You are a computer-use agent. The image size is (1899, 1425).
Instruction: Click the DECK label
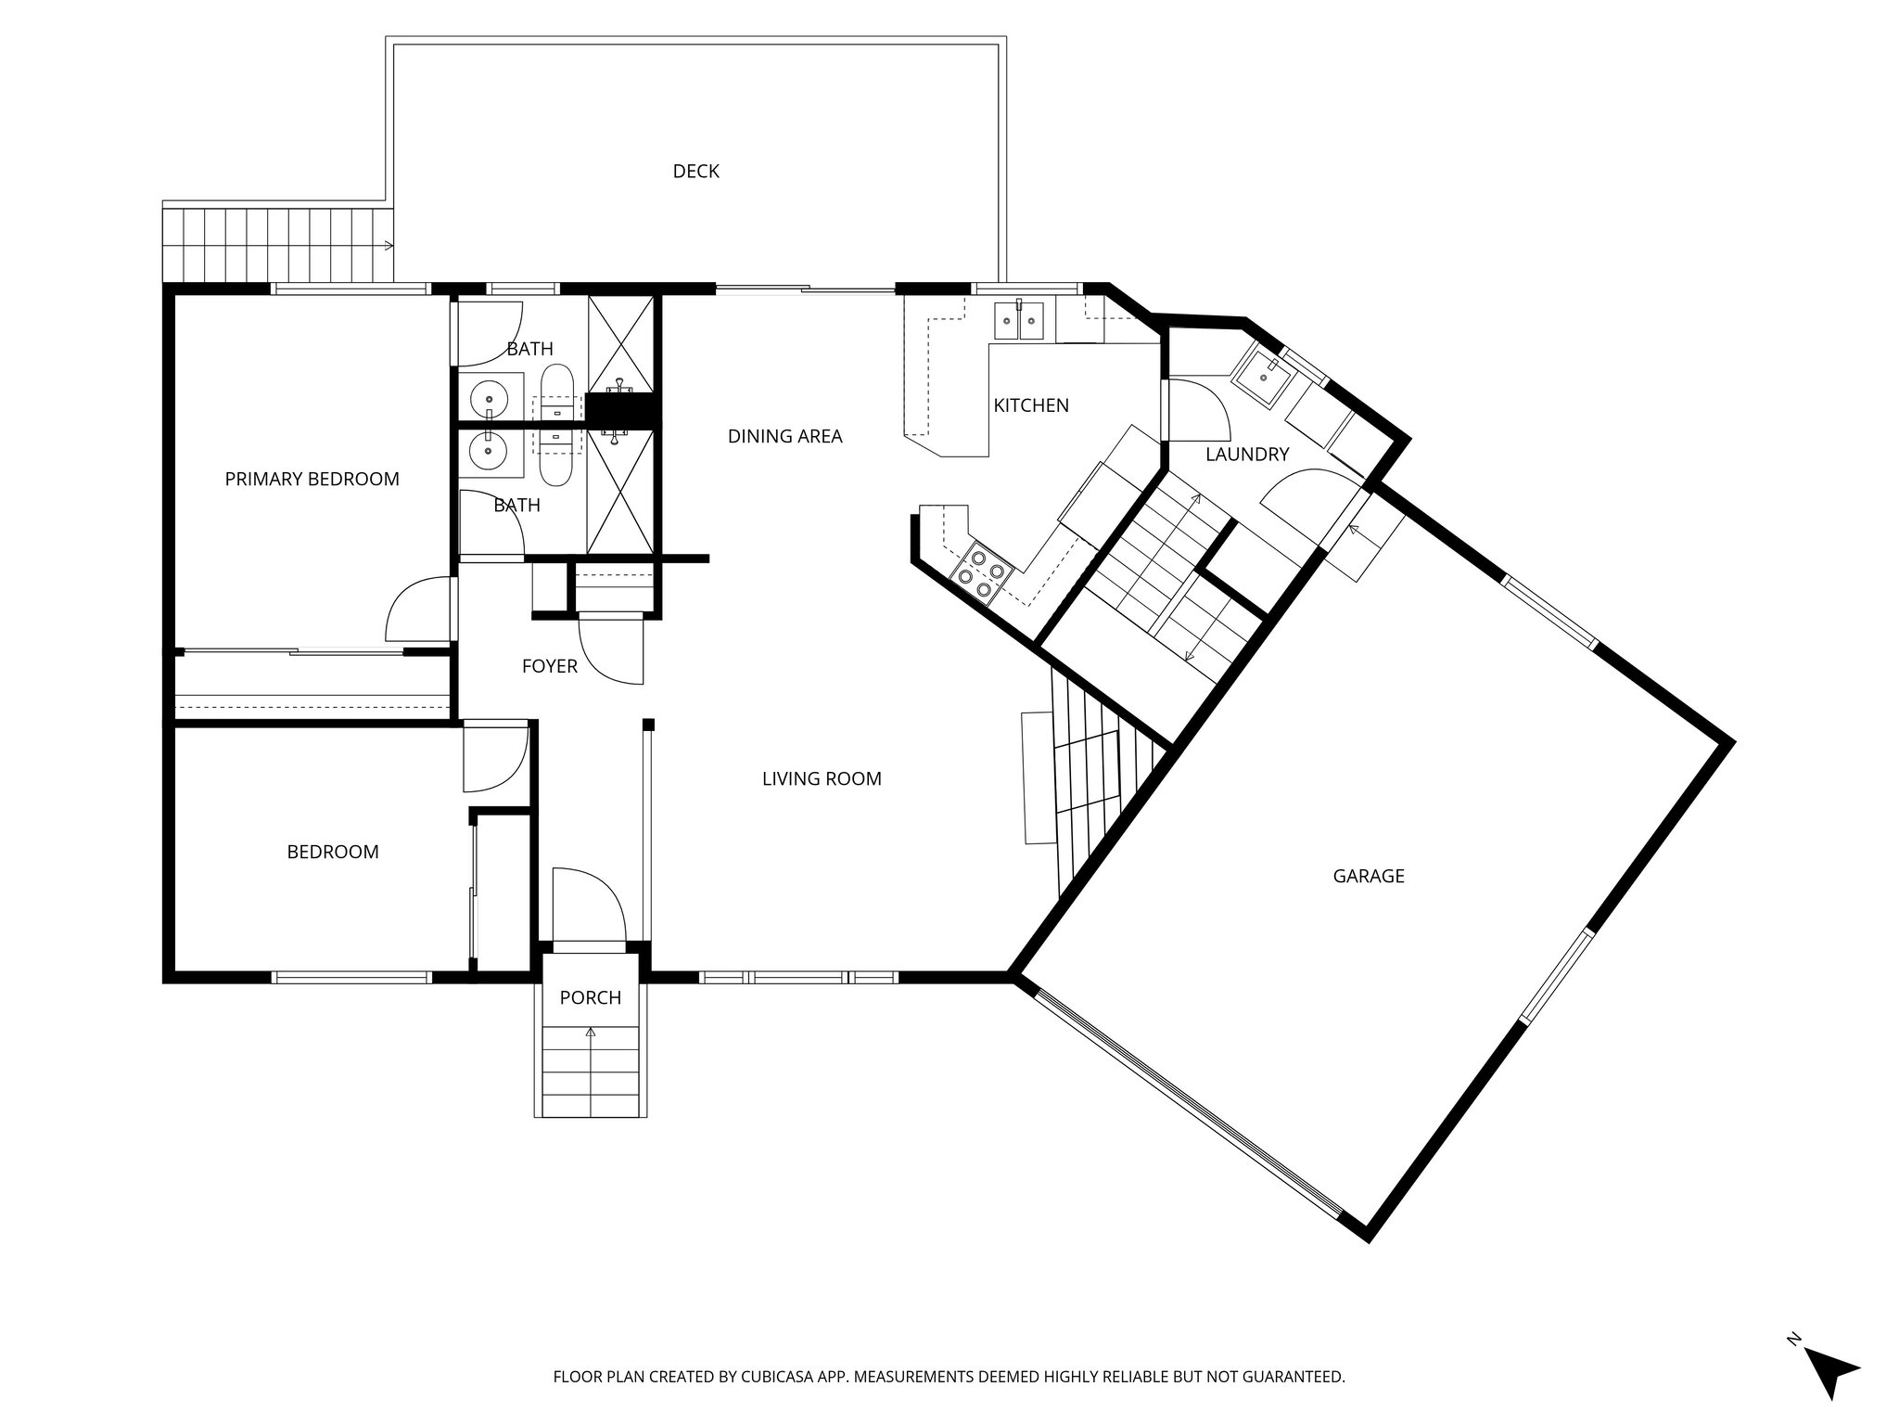pyautogui.click(x=695, y=172)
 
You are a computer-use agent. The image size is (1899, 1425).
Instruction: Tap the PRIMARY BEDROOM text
pyautogui.click(x=312, y=479)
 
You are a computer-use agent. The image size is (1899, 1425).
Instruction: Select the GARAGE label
pyautogui.click(x=1368, y=876)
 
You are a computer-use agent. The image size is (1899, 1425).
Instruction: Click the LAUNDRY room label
pyautogui.click(x=1246, y=455)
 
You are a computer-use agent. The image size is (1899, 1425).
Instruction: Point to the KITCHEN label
pyautogui.click(x=1030, y=405)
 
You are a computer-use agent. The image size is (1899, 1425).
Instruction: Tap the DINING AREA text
pyautogui.click(x=784, y=436)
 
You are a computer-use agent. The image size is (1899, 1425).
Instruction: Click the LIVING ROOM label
pyautogui.click(x=821, y=779)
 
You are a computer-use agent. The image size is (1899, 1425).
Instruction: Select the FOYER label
pyautogui.click(x=549, y=666)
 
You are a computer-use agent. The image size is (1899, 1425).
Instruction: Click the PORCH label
pyautogui.click(x=590, y=998)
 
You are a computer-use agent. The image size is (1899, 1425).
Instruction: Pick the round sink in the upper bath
pyautogui.click(x=489, y=400)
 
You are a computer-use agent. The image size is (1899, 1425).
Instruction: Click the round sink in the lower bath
pyautogui.click(x=489, y=453)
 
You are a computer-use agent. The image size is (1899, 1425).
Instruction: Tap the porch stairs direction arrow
pyautogui.click(x=591, y=1032)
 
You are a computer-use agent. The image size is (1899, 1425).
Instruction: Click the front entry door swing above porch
pyautogui.click(x=590, y=904)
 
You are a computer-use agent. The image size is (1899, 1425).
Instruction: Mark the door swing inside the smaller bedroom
pyautogui.click(x=494, y=758)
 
